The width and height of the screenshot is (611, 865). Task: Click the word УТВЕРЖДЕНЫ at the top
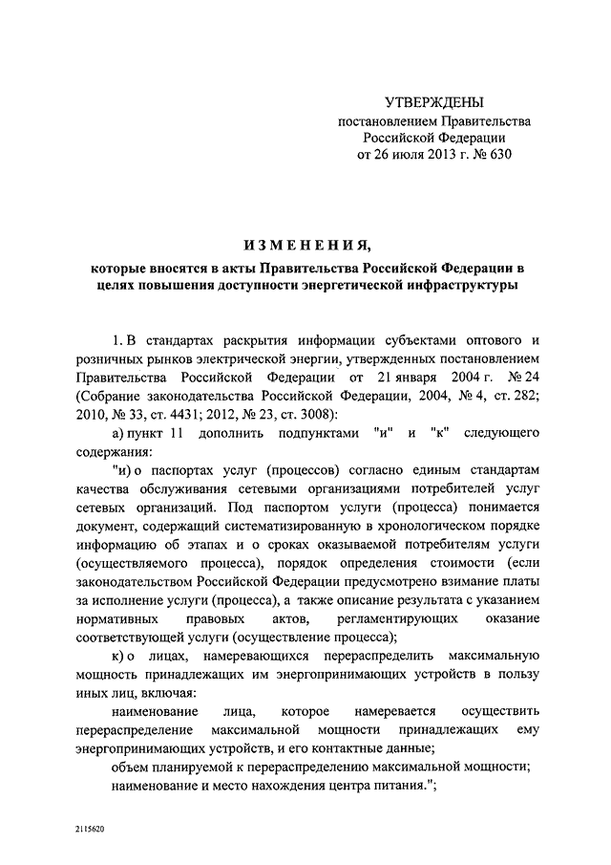click(434, 102)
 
